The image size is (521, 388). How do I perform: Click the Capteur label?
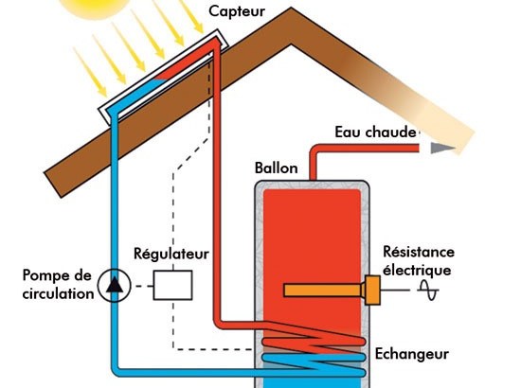point(237,12)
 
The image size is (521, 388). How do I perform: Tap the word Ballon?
point(276,168)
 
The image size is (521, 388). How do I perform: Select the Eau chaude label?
point(375,132)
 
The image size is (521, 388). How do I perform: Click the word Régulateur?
point(171,255)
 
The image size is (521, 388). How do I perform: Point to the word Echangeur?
point(412,354)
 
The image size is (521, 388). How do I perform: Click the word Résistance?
point(419,252)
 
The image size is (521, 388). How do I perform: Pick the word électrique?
point(417,270)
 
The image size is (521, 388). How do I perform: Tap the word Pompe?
point(46,275)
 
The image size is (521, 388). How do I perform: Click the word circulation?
point(58,293)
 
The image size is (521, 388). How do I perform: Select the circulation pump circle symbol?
point(114,285)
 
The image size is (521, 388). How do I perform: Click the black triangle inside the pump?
point(115,285)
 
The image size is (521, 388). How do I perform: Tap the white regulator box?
point(172,285)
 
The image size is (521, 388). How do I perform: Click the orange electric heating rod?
point(323,291)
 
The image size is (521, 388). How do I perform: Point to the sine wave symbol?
point(428,291)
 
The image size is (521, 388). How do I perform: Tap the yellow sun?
point(97,8)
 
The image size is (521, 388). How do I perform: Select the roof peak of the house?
point(291,9)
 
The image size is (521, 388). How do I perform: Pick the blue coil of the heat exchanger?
point(314,364)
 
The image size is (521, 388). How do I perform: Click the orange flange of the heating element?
point(373,291)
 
